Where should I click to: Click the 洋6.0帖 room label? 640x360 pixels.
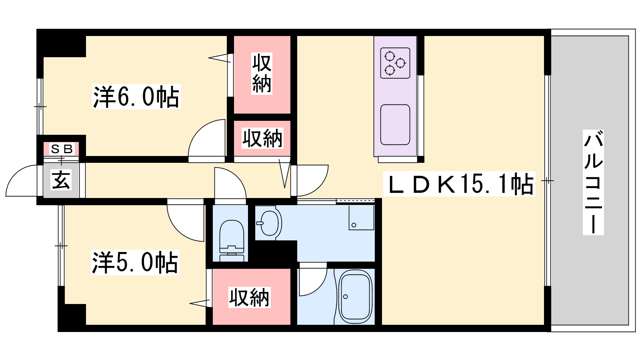pos(136,96)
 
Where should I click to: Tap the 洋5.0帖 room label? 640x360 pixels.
pos(135,262)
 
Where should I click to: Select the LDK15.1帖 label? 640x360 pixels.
pos(459,184)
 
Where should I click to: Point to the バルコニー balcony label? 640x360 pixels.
pos(593,182)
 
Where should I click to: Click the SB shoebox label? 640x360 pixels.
pos(62,149)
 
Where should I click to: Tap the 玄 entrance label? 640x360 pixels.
pos(61,180)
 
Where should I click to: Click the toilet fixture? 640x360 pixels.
pos(232,240)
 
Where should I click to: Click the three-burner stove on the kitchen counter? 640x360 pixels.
pos(395,63)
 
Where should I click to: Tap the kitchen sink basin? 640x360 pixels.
pos(395,124)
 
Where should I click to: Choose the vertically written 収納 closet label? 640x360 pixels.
pos(262,74)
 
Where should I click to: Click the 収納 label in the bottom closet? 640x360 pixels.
pos(250,298)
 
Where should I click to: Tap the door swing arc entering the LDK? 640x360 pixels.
pos(321,186)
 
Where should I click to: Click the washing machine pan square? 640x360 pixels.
pos(362,218)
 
